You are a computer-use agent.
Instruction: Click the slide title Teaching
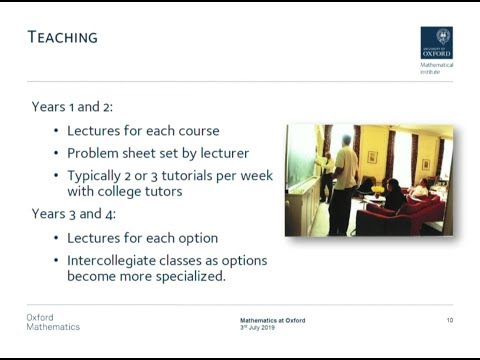coord(62,38)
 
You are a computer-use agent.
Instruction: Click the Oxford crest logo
coord(436,42)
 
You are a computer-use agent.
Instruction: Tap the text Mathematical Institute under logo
coord(436,68)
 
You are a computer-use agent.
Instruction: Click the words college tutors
coord(141,192)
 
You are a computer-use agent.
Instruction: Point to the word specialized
coord(178,277)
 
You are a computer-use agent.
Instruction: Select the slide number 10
coord(449,320)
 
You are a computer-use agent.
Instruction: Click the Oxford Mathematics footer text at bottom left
coord(53,322)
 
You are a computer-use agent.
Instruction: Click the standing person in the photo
coord(344,180)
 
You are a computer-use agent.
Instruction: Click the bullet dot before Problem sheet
coord(56,153)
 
